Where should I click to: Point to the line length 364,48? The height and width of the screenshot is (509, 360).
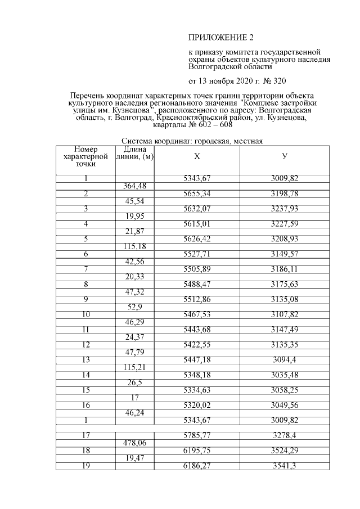134,186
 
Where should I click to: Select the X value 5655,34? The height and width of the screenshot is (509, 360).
196,193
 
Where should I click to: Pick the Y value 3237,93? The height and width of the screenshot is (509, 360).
285,209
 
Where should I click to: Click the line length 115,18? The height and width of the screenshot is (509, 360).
134,247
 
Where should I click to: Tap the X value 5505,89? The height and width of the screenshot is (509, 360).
196,269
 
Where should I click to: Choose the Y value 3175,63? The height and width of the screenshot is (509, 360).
285,285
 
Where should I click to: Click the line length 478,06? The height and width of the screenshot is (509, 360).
134,443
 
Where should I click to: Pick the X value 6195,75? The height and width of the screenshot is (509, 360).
196,451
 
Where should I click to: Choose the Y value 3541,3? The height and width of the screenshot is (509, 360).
285,466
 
